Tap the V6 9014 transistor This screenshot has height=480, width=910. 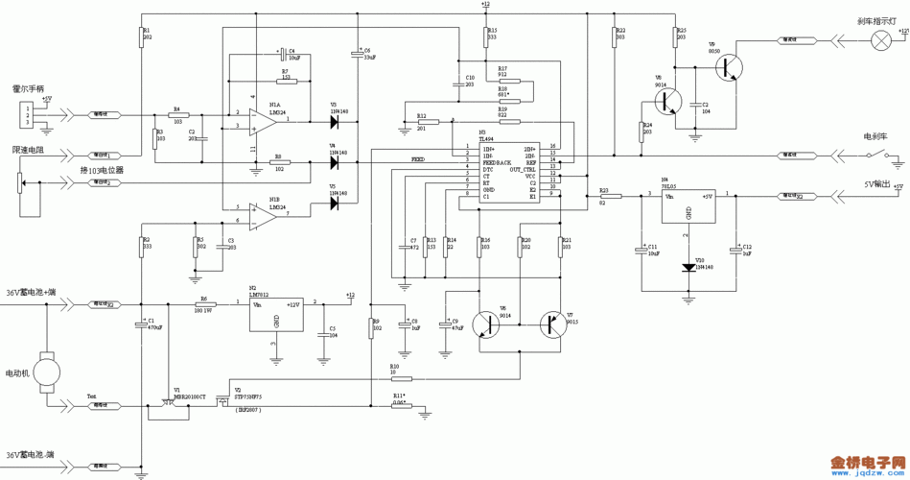[486, 325]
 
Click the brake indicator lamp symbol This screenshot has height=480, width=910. [879, 40]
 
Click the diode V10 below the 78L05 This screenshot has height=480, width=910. [688, 268]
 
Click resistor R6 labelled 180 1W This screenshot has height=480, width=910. [203, 303]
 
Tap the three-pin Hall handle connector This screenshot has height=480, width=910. [27, 115]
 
